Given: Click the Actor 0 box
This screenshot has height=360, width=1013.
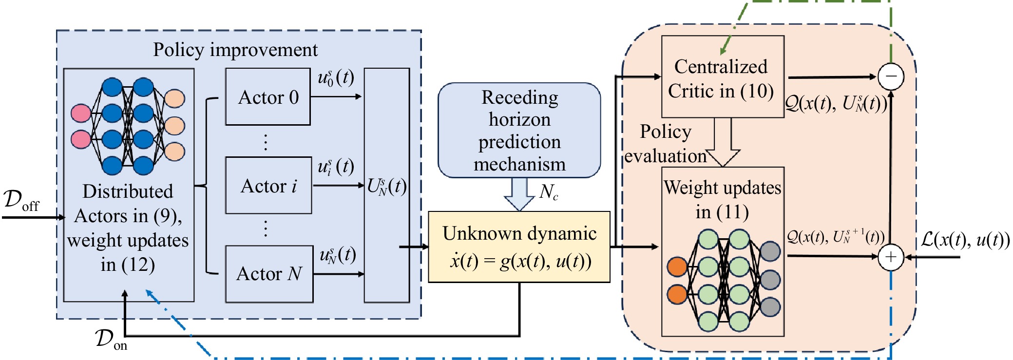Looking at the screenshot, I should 268,97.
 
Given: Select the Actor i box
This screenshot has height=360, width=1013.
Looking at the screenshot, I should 268,186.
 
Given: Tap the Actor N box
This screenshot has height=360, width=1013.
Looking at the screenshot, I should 269,274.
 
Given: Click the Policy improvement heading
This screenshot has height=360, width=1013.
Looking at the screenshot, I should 235,50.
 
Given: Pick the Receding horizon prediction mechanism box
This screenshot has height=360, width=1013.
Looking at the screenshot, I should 519,130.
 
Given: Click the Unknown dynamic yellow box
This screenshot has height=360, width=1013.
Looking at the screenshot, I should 519,246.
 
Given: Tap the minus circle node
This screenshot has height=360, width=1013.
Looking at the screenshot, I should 891,76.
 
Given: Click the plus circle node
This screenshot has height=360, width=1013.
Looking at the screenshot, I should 891,257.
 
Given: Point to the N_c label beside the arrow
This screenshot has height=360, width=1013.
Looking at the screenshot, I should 549,192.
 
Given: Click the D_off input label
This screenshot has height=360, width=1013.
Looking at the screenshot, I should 21,200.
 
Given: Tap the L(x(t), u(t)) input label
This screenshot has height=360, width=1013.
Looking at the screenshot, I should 965,239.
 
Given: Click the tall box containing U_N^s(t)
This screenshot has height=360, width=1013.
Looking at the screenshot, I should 386,185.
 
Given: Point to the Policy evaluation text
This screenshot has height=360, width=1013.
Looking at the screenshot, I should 666,144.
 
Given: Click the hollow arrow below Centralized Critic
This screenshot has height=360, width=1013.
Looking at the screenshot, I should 723,144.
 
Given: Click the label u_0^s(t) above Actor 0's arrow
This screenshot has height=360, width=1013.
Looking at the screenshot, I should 336,77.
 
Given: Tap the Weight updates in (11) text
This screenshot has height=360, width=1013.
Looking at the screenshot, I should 723,199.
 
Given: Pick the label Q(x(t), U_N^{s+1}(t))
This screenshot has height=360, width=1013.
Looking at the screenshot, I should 836,237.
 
